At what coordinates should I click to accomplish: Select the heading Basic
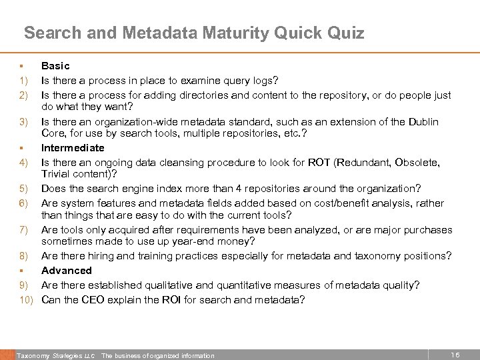pyautogui.click(x=55, y=66)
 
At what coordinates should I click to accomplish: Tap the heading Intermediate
pyautogui.click(x=73, y=147)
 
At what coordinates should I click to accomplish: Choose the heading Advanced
pyautogui.click(x=67, y=270)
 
